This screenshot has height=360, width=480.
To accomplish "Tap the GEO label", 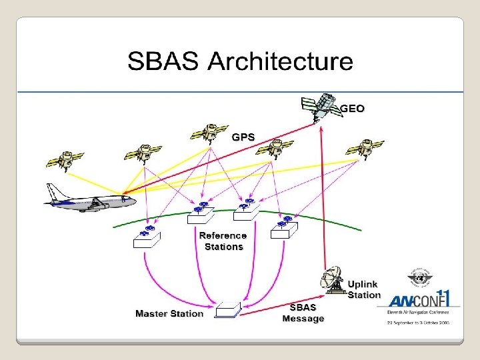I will (x=353, y=108).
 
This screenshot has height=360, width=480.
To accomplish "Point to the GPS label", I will (x=243, y=137).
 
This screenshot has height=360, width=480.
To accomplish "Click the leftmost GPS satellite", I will (x=65, y=158).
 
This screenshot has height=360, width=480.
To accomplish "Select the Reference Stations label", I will (x=223, y=241).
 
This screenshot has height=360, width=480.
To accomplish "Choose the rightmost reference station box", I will (x=285, y=227).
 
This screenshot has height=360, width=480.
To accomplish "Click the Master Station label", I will (x=169, y=313).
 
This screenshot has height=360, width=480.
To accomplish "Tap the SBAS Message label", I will (x=303, y=313).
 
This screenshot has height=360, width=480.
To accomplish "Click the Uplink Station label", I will (x=364, y=289).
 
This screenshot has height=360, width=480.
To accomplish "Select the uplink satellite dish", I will (x=335, y=281).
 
